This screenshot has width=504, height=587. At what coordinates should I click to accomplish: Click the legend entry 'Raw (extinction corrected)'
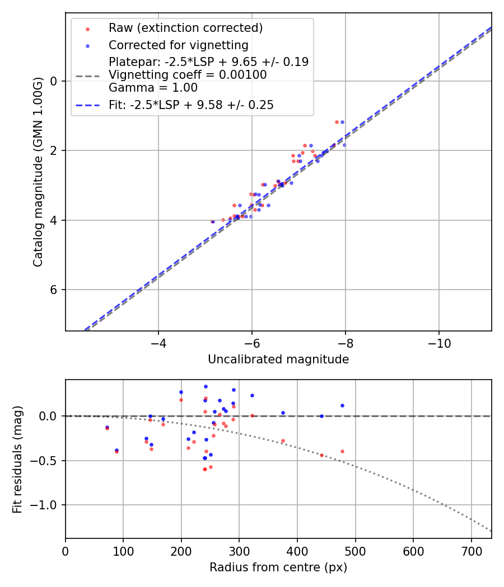185,28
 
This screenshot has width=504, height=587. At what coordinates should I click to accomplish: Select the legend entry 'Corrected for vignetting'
179,45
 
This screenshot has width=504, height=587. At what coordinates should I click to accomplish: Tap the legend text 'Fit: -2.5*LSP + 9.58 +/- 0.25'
191,105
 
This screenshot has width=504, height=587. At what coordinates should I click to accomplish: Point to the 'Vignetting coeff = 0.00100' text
188,74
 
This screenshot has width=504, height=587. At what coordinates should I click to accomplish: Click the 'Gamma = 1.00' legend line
153,87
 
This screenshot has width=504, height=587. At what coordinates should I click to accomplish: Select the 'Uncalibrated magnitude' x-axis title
278,359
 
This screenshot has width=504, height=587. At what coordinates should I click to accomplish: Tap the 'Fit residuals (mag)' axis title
17,459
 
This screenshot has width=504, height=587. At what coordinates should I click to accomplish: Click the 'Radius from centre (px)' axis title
278,567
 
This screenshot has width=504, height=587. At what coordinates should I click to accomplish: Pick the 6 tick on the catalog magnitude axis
54,290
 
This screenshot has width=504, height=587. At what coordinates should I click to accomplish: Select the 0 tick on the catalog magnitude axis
54,81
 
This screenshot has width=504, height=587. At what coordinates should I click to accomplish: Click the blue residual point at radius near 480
342,405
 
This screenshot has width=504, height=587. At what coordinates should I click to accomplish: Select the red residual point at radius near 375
283,441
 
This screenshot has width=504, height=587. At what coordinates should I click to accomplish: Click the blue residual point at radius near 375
283,413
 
